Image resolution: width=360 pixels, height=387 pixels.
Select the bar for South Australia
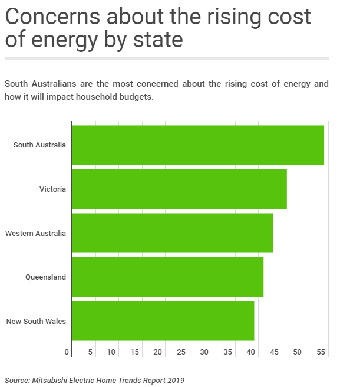click(198, 145)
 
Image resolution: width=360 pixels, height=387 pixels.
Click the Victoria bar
click(179, 189)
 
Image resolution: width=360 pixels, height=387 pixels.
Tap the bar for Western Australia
click(172, 233)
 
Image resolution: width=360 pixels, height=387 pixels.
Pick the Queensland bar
click(167, 277)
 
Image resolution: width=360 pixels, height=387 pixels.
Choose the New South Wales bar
click(163, 321)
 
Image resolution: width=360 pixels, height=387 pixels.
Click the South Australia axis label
click(39, 145)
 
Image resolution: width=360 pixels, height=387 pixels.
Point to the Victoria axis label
click(52, 189)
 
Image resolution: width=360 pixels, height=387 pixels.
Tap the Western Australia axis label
click(35, 233)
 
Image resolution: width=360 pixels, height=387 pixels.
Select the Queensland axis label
click(45, 277)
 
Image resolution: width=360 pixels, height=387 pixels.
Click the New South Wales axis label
click(36, 321)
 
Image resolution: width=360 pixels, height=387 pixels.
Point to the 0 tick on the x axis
click(67, 352)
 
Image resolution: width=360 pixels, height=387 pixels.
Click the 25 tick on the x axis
click(181, 352)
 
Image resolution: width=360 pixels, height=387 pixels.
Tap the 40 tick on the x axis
click(251, 352)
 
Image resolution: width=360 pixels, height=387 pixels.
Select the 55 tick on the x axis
click(321, 352)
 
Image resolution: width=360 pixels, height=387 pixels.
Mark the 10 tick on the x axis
click(111, 352)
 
